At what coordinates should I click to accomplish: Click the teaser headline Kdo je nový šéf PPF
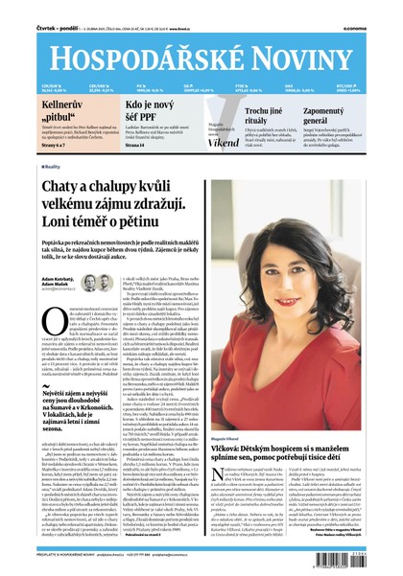151,108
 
